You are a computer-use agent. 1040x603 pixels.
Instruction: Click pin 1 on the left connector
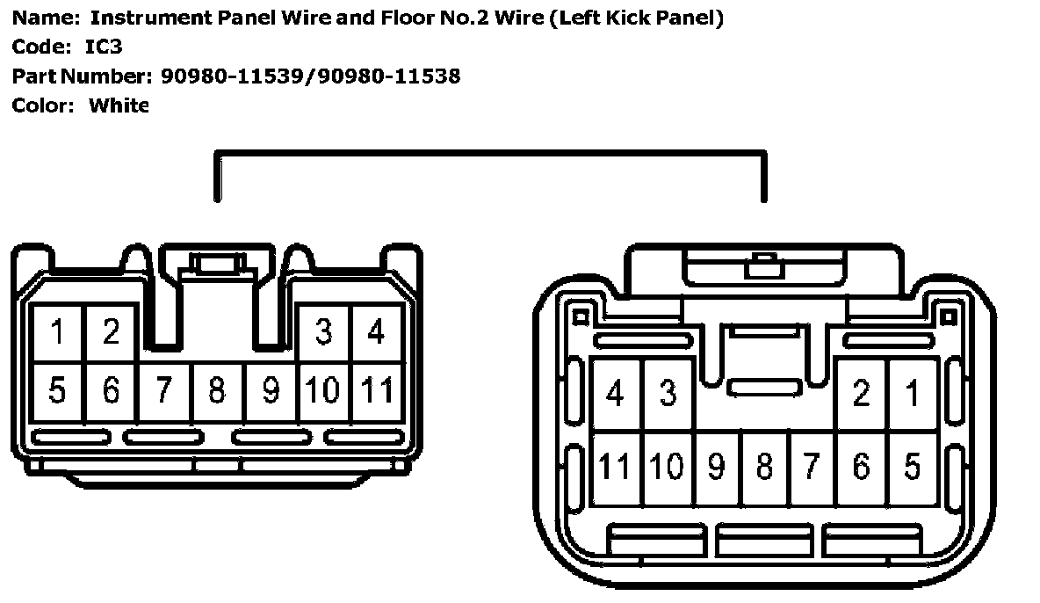[58, 333]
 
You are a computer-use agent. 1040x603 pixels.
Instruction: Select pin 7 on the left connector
[164, 389]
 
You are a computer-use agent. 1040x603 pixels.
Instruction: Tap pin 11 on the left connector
[377, 389]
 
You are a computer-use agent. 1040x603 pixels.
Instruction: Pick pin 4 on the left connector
[377, 333]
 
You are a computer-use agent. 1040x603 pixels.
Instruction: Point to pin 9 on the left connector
[271, 389]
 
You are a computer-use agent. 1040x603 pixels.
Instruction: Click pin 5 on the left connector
[58, 389]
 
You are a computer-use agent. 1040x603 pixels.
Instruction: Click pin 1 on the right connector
[914, 394]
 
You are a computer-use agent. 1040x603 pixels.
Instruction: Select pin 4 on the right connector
[616, 394]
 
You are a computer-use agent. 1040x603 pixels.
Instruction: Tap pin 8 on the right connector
[764, 467]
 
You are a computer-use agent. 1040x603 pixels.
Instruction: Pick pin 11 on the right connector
[616, 467]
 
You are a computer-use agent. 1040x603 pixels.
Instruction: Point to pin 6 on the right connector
[862, 467]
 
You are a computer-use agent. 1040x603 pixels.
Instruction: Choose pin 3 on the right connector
[668, 394]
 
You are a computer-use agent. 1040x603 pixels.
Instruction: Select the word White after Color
[119, 105]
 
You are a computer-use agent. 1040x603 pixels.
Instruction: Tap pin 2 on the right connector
[862, 394]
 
